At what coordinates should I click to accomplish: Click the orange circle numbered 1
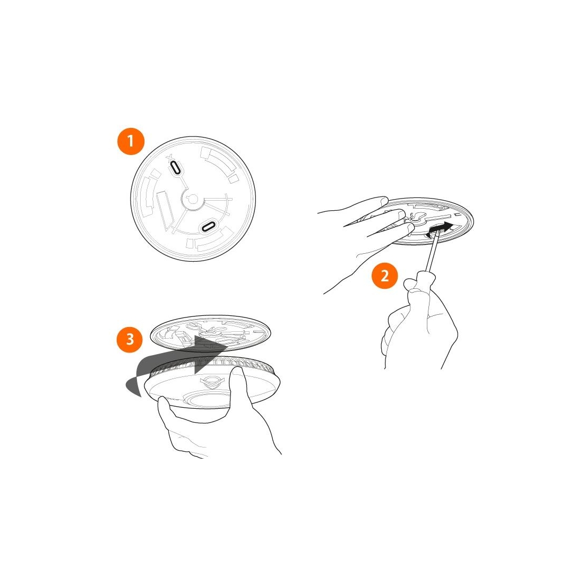[x=131, y=142]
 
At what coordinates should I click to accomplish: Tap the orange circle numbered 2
[x=384, y=276]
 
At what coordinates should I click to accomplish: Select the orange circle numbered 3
[x=130, y=339]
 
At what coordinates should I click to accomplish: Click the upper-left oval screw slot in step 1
[x=175, y=168]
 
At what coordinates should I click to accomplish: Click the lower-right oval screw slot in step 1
[x=208, y=225]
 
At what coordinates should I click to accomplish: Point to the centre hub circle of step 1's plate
[x=193, y=199]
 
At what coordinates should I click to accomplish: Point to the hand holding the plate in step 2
[x=365, y=238]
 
